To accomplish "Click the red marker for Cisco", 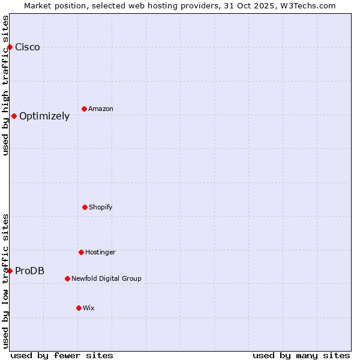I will pos(10,47).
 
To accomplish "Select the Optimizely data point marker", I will pos(14,116).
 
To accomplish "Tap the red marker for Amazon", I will pos(84,109).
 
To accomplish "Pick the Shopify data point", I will pos(85,207).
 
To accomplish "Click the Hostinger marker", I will pos(81,252).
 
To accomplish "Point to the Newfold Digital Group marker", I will pos(67,278).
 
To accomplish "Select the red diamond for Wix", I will pos(79,308).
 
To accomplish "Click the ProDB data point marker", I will pos(10,271).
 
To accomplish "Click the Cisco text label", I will pos(28,47).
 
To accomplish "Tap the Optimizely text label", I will pos(44,116).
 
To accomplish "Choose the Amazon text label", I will pos(101,109).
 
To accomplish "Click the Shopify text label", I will pos(101,208).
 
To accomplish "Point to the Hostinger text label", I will pos(100,253).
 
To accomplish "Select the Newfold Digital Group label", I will pos(106,279).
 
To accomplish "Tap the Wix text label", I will pos(89,308).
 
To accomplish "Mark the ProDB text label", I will pos(29,271).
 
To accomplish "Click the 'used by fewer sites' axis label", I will pos(62,355).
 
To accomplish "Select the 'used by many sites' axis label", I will pos(301,355).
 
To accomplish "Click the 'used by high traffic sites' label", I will pos(6,85).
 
